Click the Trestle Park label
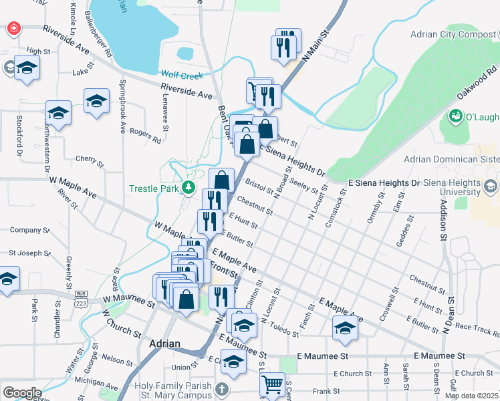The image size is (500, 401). click(154, 188)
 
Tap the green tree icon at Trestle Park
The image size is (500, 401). click(189, 187)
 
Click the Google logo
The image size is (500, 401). click(21, 393)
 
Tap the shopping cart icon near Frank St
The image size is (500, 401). click(272, 385)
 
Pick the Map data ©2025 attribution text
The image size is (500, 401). click(471, 396)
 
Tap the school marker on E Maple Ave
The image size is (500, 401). click(346, 327)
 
